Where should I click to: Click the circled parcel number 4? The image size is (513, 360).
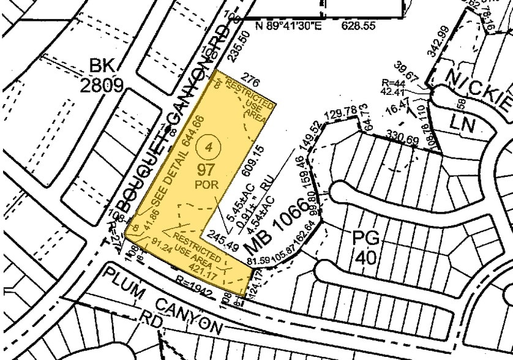coord(210,147)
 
